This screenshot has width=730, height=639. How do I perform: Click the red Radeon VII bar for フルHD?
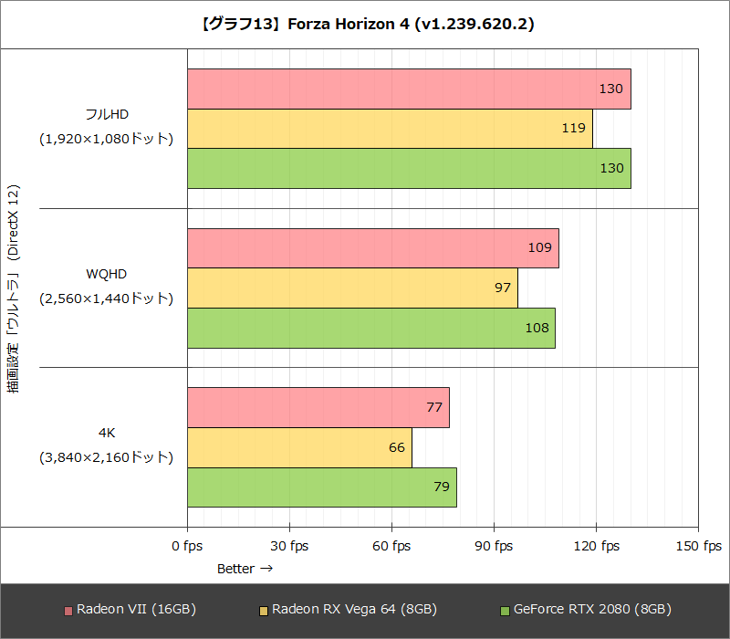409,89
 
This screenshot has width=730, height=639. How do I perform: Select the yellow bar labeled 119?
390,128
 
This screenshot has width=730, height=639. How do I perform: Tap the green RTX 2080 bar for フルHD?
409,168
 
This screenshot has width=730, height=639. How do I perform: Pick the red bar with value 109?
372,247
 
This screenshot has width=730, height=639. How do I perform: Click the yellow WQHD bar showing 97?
352,288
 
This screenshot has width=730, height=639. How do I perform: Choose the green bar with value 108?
370,328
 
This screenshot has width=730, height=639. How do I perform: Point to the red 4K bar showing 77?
318,407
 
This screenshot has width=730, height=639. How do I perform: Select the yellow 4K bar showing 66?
299,447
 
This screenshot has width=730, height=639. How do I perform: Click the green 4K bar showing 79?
321,487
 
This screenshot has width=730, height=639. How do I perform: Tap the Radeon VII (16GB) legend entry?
130,609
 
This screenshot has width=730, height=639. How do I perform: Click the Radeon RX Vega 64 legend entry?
348,609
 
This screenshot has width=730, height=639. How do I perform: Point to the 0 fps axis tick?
187,546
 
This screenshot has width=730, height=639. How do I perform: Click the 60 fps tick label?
391,546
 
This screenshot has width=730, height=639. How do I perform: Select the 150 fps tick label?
698,546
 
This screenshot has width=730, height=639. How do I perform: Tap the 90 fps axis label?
494,546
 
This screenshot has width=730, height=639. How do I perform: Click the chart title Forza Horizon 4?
365,25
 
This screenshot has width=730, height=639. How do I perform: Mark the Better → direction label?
245,569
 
